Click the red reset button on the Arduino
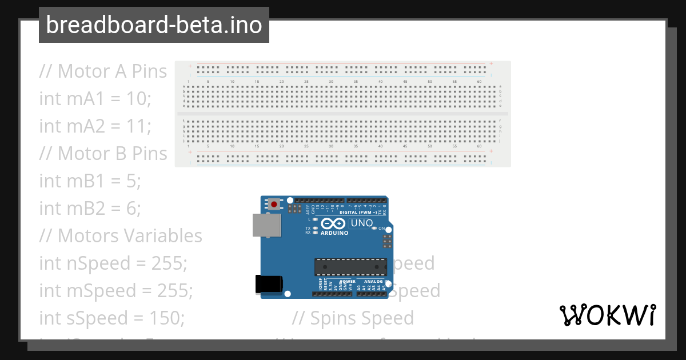click(x=275, y=204)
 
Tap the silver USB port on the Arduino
click(x=266, y=225)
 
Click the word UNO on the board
click(x=361, y=223)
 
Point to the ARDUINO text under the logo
click(x=334, y=233)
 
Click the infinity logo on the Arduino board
click(x=333, y=223)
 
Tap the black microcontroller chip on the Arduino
click(x=350, y=266)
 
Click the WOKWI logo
click(x=608, y=315)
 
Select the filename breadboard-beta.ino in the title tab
click(x=154, y=25)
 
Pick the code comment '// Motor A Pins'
click(x=103, y=71)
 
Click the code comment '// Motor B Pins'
click(x=103, y=154)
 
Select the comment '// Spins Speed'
click(x=353, y=318)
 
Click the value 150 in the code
click(x=168, y=318)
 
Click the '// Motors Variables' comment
click(x=121, y=236)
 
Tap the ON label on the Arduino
click(x=382, y=228)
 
